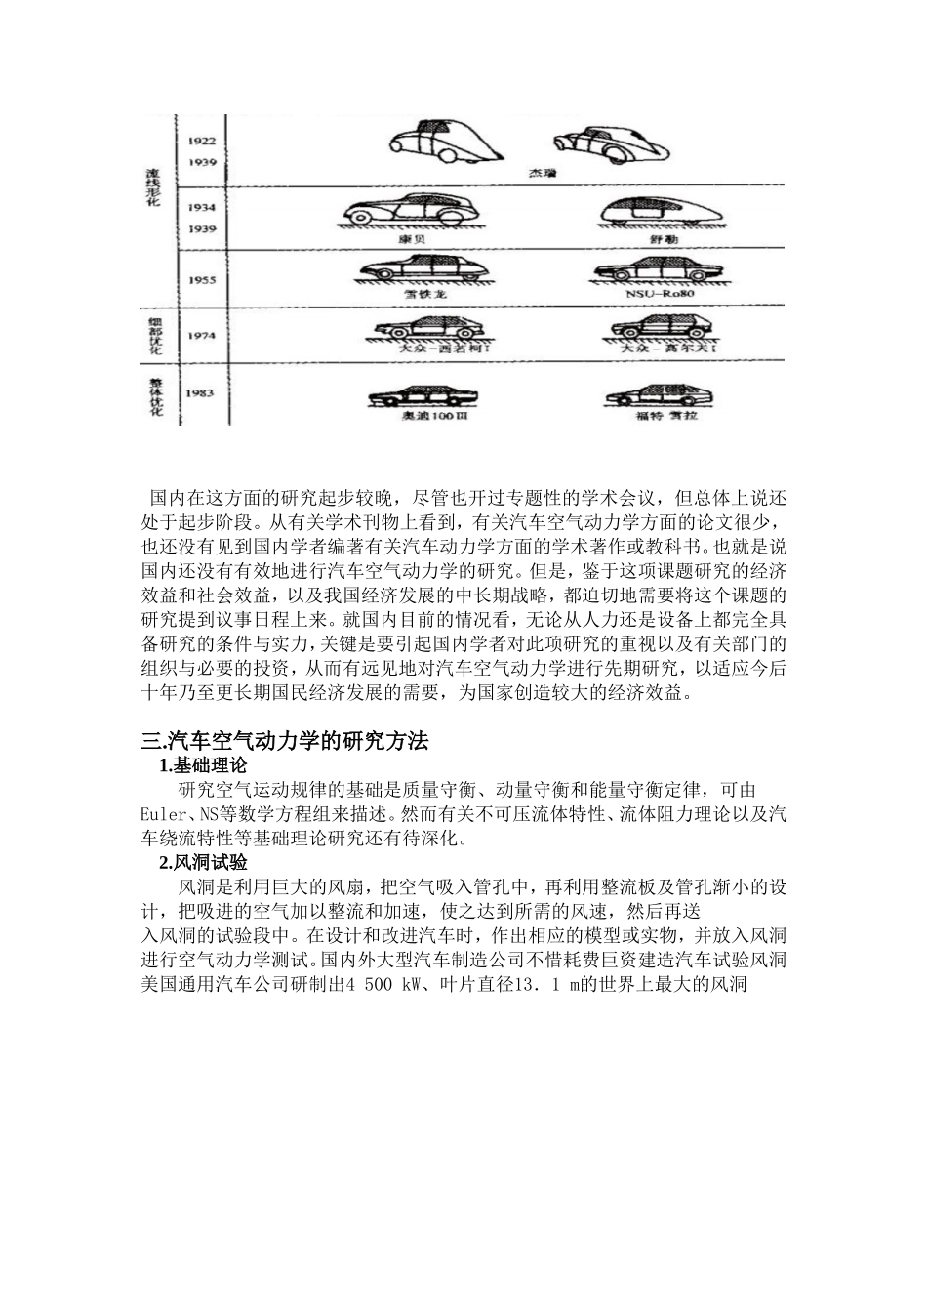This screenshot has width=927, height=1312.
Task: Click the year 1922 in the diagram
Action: pyautogui.click(x=202, y=141)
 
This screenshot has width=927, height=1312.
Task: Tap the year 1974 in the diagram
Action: pyautogui.click(x=202, y=335)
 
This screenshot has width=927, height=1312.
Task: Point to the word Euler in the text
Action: pyautogui.click(x=163, y=814)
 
